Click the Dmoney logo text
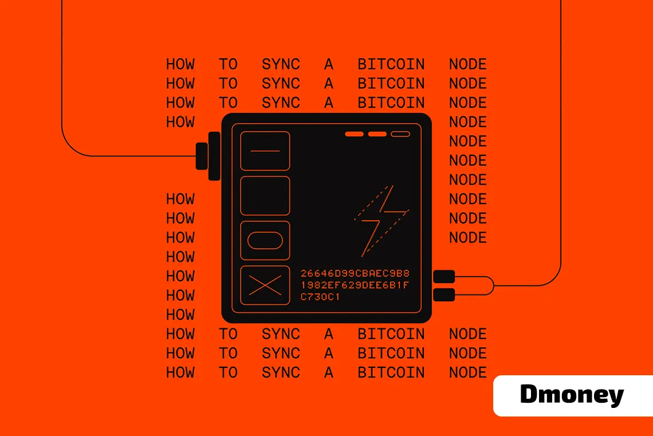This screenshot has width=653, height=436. point(572,395)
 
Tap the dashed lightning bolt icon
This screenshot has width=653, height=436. point(381,219)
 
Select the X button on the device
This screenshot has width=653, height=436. point(265,285)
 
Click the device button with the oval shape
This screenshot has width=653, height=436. point(265,241)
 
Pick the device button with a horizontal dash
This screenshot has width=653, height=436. point(265,151)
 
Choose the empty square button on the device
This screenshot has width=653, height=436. point(265,196)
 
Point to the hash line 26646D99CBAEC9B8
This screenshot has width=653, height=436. point(355,273)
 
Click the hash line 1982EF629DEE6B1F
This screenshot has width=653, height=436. point(355,285)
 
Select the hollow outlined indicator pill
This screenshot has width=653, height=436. point(400,134)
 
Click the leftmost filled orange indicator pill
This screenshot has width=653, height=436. point(355,134)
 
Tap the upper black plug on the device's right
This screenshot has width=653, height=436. point(444,277)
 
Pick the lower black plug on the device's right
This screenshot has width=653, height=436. point(444,295)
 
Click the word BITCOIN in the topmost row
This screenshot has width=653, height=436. point(391,64)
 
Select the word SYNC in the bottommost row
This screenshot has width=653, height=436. point(281,372)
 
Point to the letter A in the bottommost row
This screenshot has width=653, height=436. point(328,372)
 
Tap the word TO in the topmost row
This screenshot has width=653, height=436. point(228,64)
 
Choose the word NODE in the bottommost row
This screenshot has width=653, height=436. point(468,372)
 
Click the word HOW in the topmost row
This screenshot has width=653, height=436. point(180,64)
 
